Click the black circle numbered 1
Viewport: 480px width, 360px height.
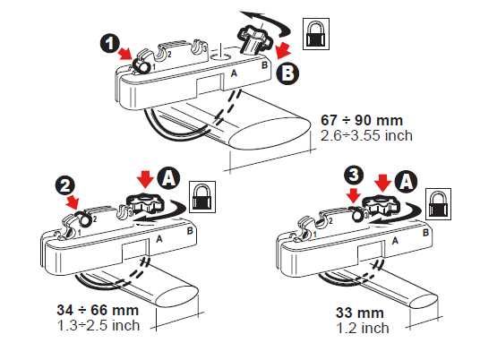(x=110, y=44)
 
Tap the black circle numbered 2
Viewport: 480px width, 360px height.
(x=64, y=185)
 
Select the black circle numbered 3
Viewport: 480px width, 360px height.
(x=353, y=176)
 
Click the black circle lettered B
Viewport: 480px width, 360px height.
(x=287, y=73)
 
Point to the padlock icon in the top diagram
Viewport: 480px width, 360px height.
(x=316, y=34)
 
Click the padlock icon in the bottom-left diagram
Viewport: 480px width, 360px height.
(x=202, y=197)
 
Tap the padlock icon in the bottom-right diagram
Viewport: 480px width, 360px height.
(x=439, y=204)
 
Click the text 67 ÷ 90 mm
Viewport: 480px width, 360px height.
(x=362, y=120)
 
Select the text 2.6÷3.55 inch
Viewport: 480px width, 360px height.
(x=366, y=135)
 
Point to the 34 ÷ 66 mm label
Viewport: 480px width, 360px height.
(x=98, y=310)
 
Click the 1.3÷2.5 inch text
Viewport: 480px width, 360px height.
(x=99, y=325)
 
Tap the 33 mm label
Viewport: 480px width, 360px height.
(x=360, y=313)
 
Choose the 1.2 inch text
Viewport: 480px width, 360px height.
(x=363, y=329)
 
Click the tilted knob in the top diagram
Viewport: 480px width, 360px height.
(x=254, y=40)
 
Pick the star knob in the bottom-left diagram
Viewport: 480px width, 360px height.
(x=145, y=202)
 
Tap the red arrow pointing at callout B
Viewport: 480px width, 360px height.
(x=283, y=50)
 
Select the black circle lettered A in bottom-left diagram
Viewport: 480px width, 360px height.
(x=168, y=177)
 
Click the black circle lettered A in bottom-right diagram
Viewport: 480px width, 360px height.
(x=406, y=182)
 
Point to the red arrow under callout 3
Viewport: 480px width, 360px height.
(x=354, y=195)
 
